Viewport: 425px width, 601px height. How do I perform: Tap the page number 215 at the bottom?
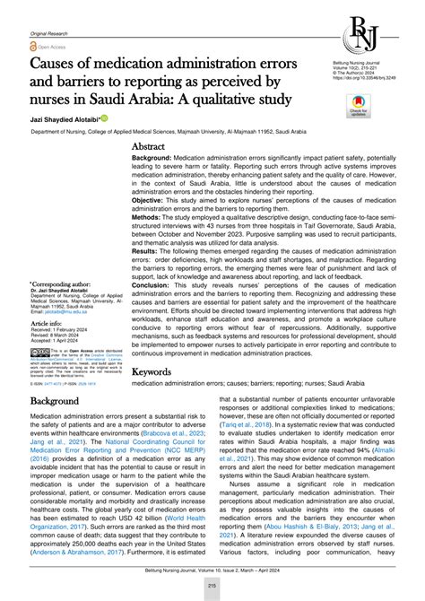[x=212, y=586]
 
